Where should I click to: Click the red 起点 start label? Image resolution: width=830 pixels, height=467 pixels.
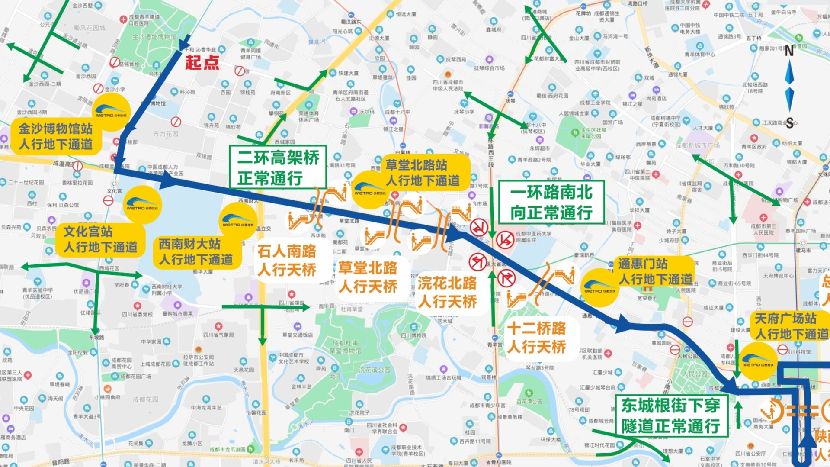point(202,63)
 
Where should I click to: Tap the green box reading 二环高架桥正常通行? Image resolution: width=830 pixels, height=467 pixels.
point(278,167)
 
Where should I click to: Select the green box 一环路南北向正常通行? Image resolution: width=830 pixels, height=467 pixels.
point(551,202)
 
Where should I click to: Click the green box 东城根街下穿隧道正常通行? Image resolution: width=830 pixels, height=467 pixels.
point(670,416)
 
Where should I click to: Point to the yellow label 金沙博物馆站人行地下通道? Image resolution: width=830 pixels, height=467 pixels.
point(56,136)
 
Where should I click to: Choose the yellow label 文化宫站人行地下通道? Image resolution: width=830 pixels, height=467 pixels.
point(100,239)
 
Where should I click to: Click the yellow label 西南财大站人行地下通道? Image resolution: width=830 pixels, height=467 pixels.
point(196,252)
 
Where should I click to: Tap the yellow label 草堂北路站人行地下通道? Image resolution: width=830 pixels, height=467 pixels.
point(423,173)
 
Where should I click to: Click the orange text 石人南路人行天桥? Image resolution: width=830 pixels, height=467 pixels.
point(287,261)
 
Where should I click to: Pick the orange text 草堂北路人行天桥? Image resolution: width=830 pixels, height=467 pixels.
point(368,277)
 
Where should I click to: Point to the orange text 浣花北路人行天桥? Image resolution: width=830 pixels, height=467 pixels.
point(447,293)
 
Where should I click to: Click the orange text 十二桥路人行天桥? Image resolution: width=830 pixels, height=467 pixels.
point(536,338)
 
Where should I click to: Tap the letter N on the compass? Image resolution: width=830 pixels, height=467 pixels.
point(789,51)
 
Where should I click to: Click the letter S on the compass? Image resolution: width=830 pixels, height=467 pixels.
point(790,124)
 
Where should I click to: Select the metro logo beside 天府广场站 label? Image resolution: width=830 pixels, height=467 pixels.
point(757,362)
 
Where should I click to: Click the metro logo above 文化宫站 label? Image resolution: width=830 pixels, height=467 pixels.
point(142,205)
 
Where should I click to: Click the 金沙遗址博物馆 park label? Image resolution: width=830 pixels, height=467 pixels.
point(154,37)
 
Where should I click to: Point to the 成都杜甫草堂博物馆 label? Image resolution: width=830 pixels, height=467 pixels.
point(344,347)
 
